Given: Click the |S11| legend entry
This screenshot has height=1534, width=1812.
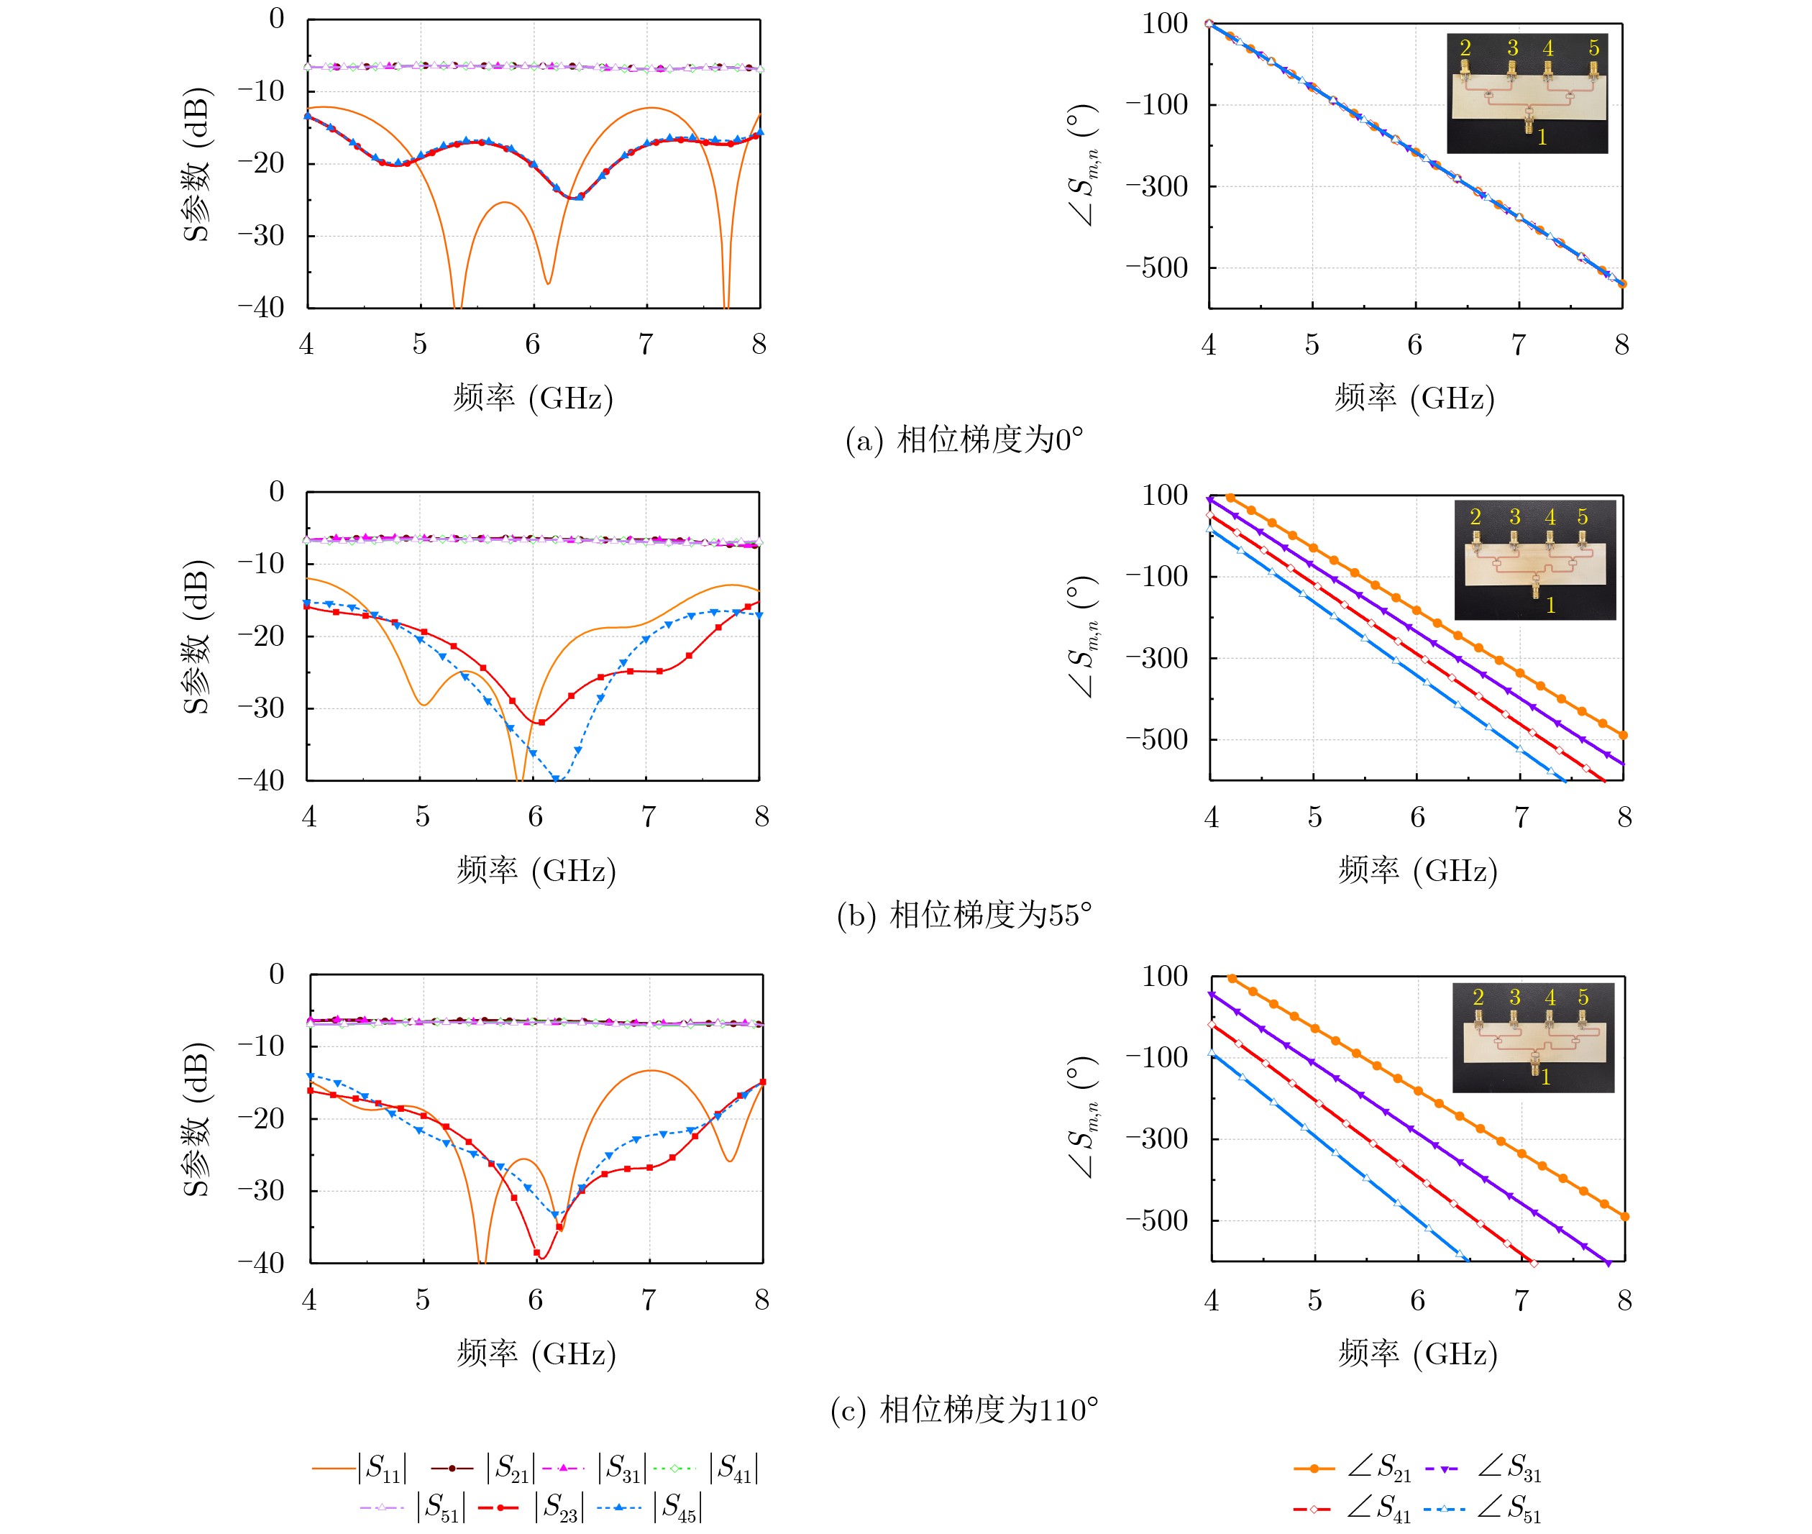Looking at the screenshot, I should [x=361, y=1468].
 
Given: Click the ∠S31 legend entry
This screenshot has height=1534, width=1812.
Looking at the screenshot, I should [x=1483, y=1468].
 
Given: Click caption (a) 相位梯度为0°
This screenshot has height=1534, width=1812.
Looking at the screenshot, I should [x=964, y=440].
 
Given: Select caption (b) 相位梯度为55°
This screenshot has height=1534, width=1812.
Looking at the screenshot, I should [x=964, y=915].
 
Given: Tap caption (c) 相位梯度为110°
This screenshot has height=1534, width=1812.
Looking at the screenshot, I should [x=964, y=1409].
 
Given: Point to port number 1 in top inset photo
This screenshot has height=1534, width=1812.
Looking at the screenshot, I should [x=1542, y=137].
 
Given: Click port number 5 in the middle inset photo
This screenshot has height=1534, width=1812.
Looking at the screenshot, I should [x=1583, y=516].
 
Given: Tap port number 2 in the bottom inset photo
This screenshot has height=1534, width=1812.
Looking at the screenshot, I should [x=1478, y=997].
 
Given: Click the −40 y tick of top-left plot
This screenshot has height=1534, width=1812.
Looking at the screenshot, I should [x=262, y=307].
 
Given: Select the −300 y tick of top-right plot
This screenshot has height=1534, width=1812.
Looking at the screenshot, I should [x=1157, y=186].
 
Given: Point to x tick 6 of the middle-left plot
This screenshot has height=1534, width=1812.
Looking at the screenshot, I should [x=536, y=816].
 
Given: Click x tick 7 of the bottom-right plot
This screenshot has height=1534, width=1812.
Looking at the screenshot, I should [x=1521, y=1300].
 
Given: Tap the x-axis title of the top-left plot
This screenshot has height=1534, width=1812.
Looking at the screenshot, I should [x=533, y=398].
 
